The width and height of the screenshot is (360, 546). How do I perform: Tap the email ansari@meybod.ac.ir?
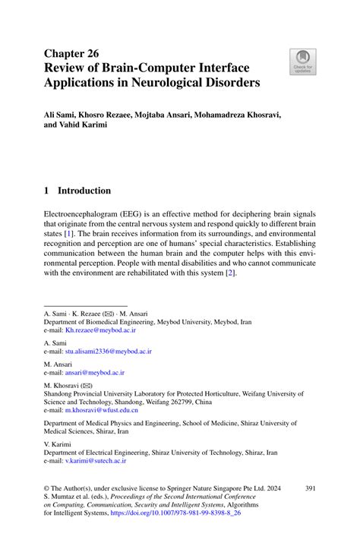pyautogui.click(x=94, y=373)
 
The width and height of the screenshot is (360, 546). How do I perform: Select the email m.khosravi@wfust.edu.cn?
pyautogui.click(x=106, y=410)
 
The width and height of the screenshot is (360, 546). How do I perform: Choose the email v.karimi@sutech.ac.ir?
pyautogui.click(x=96, y=460)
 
